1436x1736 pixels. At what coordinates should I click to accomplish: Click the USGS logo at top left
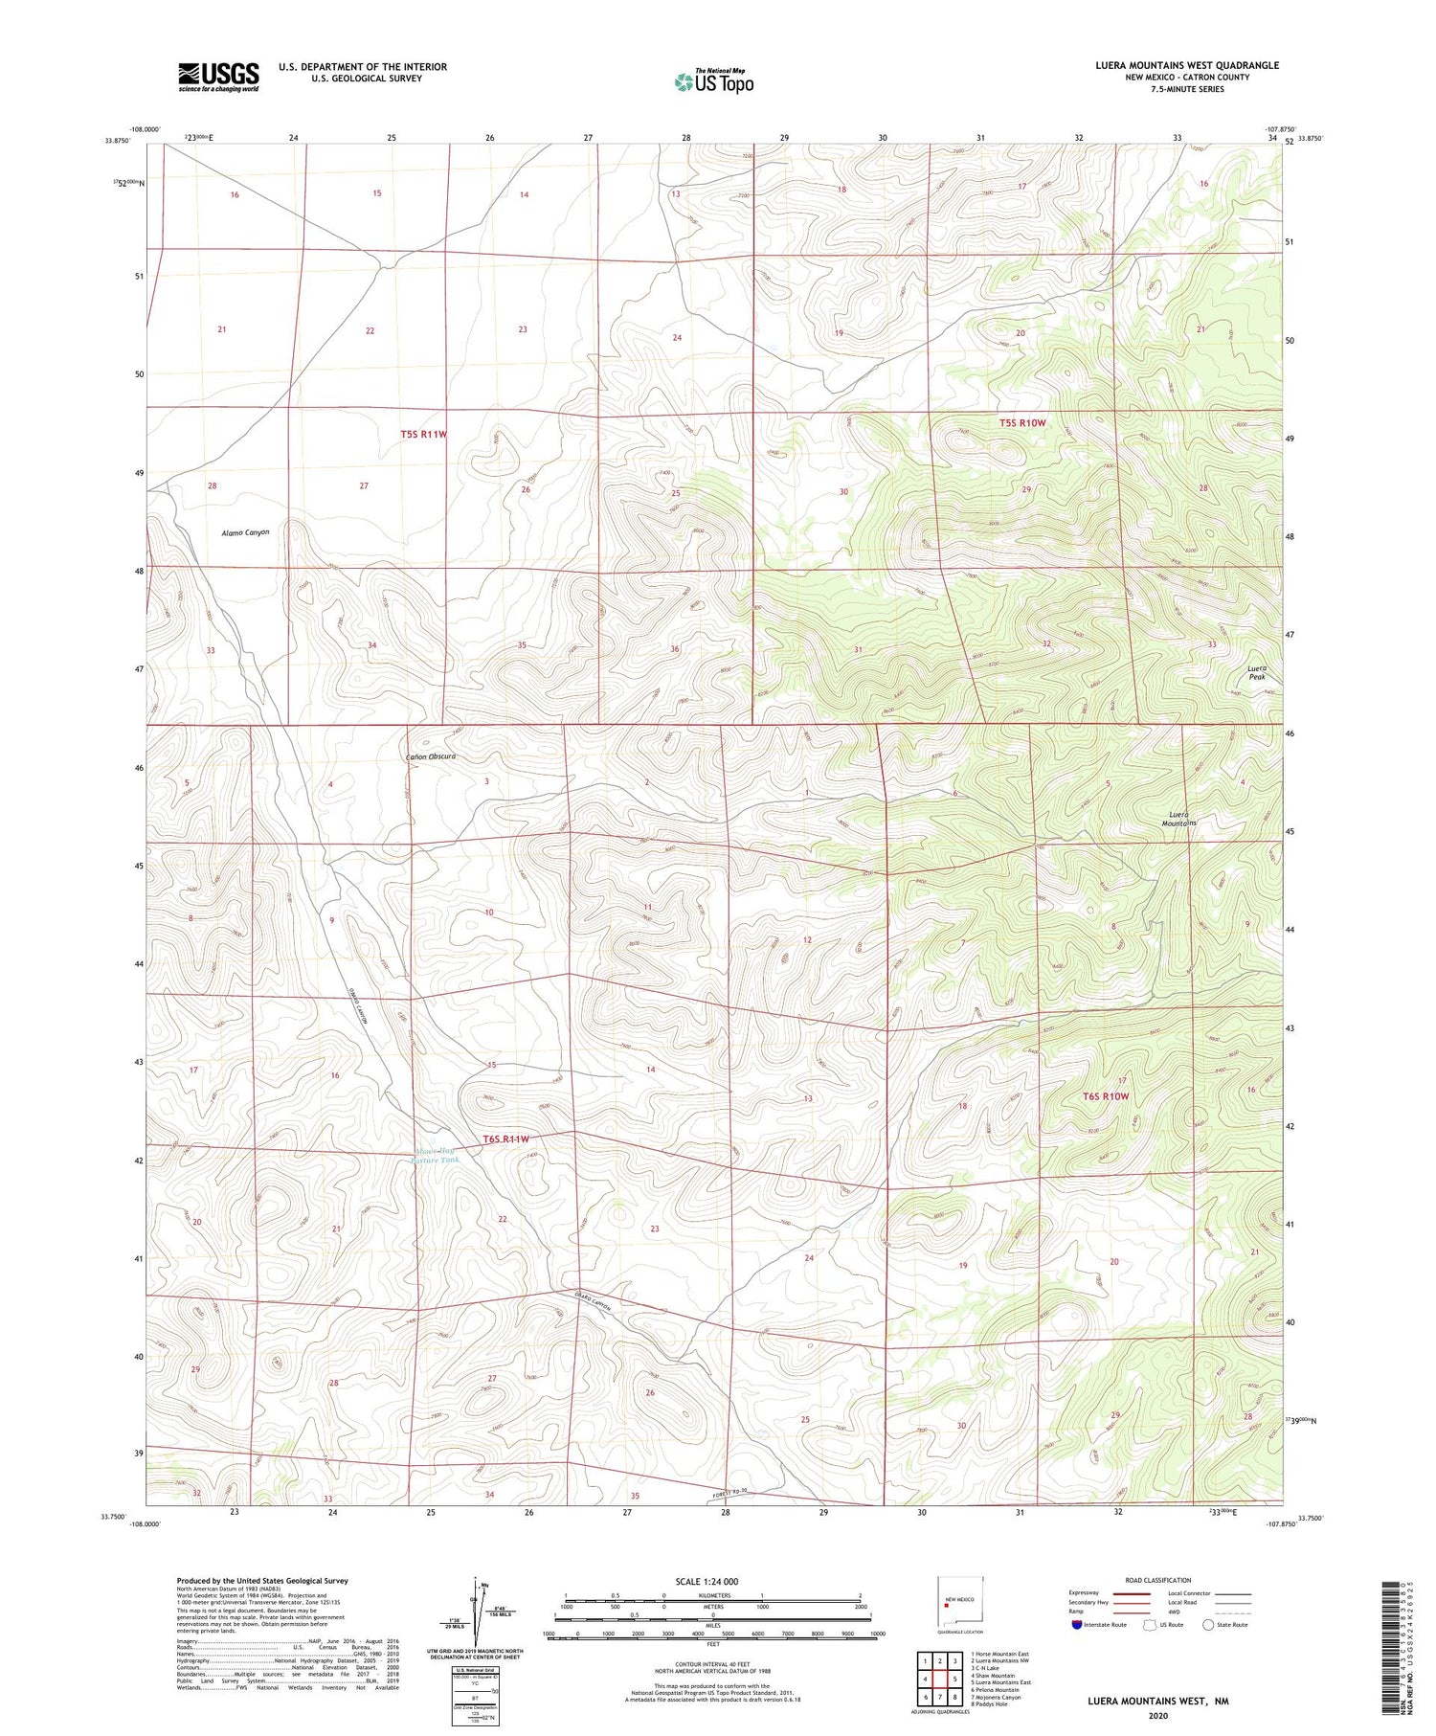coord(218,77)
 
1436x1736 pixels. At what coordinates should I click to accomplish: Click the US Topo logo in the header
coord(713,81)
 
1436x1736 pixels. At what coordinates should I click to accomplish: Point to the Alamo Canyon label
coord(245,532)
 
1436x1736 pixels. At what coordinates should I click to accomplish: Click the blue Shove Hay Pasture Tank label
coord(434,1155)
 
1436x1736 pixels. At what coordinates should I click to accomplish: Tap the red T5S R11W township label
coord(424,435)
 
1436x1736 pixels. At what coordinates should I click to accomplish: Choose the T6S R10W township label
coord(1106,1096)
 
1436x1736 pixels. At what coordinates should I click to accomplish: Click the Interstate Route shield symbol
coord(1077,1625)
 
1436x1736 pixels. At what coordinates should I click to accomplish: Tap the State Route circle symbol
coord(1208,1625)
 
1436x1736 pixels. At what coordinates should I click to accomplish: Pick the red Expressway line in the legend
coord(1136,1593)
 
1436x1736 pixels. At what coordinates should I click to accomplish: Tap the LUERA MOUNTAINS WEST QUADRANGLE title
coord(1187,65)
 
